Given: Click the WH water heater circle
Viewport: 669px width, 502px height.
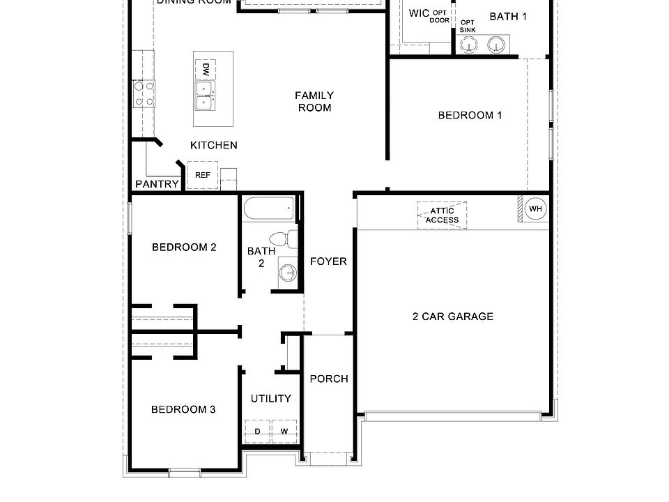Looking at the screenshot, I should tap(536, 208).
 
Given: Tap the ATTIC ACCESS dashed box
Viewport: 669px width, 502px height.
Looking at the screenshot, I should tap(443, 215).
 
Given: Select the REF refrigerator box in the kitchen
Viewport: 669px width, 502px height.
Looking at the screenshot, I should tap(203, 175).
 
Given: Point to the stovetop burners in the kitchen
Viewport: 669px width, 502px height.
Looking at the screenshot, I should tap(144, 94).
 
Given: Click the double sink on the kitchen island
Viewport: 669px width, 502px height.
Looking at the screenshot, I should tap(204, 96).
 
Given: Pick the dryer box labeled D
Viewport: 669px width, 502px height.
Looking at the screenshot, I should tap(257, 432).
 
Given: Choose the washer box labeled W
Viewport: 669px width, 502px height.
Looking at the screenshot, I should tap(284, 432).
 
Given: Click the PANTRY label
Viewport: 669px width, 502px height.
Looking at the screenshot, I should tap(157, 185).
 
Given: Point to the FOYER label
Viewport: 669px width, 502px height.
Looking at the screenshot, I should tap(328, 261).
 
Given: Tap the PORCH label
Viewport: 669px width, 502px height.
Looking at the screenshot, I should tap(329, 379).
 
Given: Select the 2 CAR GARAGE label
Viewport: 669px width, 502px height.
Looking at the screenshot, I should tap(452, 317).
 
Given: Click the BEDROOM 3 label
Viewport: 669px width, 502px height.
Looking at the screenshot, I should tap(183, 409).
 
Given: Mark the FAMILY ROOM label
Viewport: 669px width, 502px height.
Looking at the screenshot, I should tap(314, 101).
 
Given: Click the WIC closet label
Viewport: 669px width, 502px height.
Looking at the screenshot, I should tap(419, 13).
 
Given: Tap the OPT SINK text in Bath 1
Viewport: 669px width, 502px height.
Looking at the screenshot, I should tap(468, 26).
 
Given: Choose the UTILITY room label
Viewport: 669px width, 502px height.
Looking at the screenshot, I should tap(271, 399).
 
